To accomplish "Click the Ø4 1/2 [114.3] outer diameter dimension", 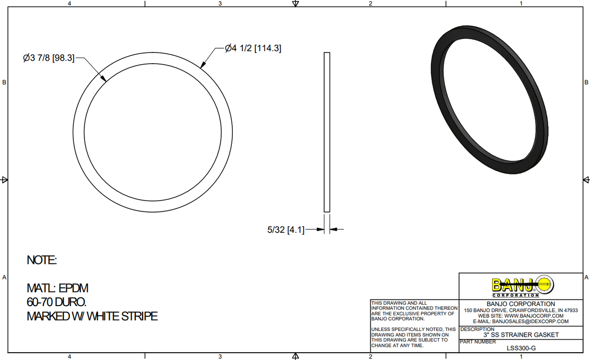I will [253, 48].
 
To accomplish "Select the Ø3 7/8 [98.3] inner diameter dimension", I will [49, 58].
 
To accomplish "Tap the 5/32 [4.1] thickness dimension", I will [286, 230].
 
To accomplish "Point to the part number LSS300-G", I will [521, 348].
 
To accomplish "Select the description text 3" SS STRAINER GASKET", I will [521, 335].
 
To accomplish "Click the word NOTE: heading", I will [42, 260].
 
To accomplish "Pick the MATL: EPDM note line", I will [57, 288].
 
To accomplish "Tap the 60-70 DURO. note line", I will [57, 302].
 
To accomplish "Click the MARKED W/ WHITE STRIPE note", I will [92, 316].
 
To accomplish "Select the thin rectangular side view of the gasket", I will [327, 132].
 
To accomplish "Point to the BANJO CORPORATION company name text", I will [521, 304].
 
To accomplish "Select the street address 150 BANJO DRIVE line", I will [521, 310].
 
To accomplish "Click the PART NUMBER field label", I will [478, 342].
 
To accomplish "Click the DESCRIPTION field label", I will [477, 329].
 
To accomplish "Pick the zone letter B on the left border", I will [4, 82].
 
